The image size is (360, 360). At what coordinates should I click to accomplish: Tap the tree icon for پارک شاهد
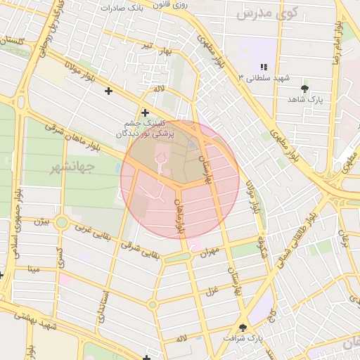[304, 89]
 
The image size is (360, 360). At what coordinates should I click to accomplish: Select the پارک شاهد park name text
[304, 100]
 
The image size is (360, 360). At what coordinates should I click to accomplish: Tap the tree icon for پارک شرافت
[243, 327]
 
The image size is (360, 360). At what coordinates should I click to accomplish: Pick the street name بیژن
[41, 221]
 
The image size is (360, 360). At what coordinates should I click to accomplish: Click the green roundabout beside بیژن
[61, 223]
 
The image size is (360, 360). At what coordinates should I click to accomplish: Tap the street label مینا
[33, 268]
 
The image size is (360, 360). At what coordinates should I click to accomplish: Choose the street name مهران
[210, 250]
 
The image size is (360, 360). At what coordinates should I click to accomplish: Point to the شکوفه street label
[263, 246]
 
